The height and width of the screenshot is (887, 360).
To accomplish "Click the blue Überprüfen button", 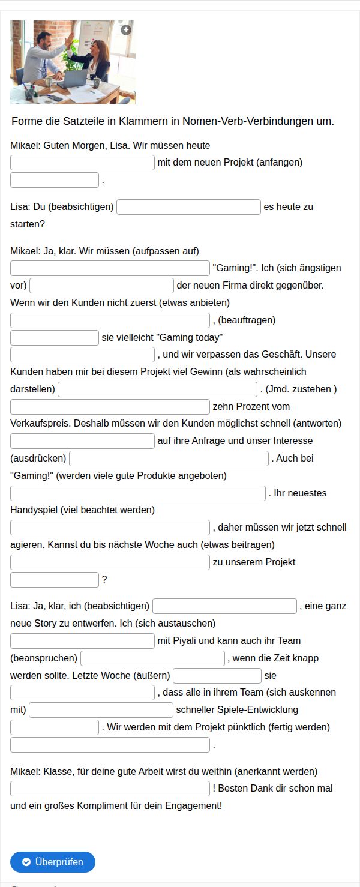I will pos(53,862).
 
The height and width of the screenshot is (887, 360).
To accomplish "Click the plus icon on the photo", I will pos(125,29).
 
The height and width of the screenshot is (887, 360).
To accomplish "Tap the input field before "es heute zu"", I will pos(189,207).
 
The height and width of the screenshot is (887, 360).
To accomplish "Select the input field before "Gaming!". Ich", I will pos(110,268).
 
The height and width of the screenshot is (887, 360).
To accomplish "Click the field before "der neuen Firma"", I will pos(101,286).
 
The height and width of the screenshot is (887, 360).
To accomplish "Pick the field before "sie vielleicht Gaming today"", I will pos(55,338).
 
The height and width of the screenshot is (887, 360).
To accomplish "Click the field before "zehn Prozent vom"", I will pos(110,407).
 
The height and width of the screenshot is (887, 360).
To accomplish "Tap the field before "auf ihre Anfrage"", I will pos(83,441).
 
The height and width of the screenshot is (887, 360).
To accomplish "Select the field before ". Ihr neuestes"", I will pos(138,493).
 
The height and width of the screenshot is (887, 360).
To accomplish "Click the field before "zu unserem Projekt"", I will pos(110,562).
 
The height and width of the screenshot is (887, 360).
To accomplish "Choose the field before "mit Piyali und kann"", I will pos(83,641).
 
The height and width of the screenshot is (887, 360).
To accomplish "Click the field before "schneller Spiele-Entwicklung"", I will pos(101,710).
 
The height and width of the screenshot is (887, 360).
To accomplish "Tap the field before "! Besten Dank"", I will pos(110,789).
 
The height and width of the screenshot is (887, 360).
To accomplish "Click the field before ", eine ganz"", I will pos(225,606).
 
